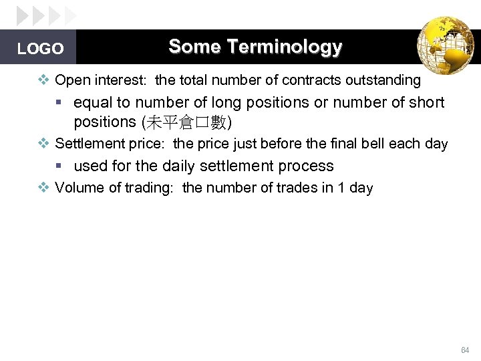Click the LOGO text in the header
pos(40,49)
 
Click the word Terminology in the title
pos(285,47)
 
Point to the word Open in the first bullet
pos(70,81)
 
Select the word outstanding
pos(383,81)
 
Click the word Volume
pos(79,188)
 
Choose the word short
pos(426,103)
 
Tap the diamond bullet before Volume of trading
pos(43,188)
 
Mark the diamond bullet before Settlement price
pos(43,144)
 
